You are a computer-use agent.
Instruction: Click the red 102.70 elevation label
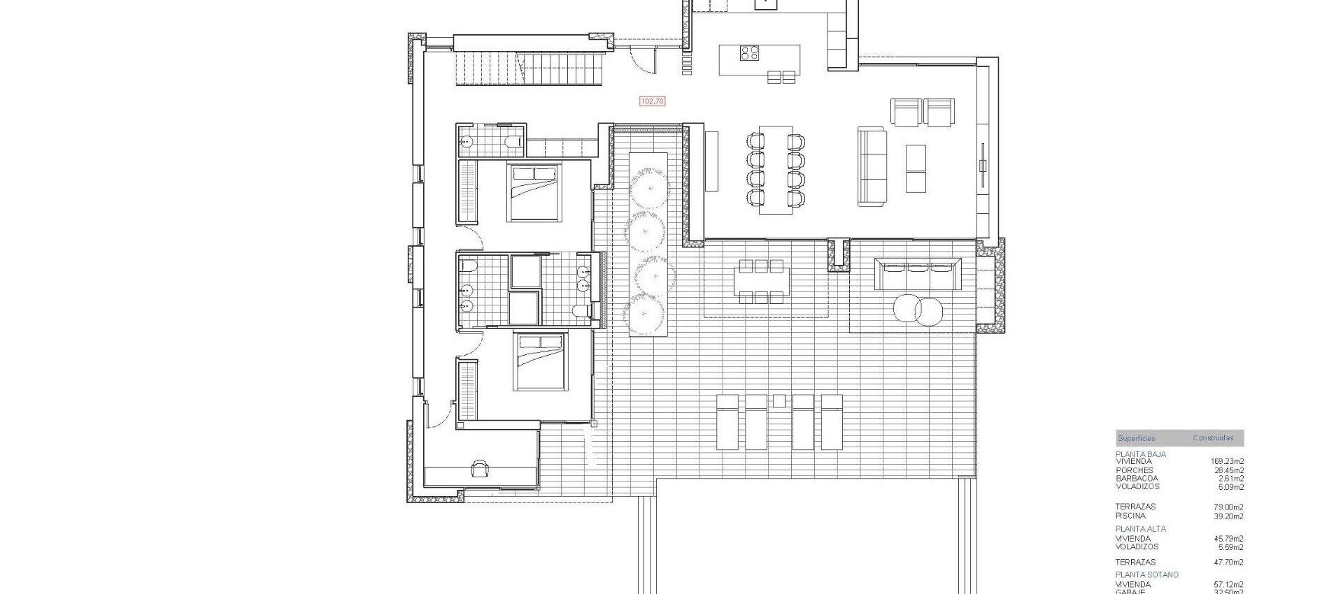652,101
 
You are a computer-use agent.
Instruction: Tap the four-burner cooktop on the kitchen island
750,53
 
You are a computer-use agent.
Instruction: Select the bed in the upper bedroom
534,192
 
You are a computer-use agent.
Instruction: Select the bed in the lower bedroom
539,361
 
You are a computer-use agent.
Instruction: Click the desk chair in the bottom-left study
480,468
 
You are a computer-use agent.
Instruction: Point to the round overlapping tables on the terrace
918,309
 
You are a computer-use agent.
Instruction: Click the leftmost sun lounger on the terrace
727,421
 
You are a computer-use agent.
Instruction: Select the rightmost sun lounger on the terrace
832,421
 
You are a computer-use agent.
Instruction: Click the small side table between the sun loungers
779,401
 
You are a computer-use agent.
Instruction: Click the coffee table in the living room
916,168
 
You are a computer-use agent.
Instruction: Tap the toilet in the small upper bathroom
513,143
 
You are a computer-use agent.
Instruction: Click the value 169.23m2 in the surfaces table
1227,461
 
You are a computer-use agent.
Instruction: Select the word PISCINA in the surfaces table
1130,516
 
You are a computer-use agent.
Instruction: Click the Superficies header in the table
1136,439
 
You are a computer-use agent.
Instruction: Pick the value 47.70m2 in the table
1228,562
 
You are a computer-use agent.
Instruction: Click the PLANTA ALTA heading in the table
1141,529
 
